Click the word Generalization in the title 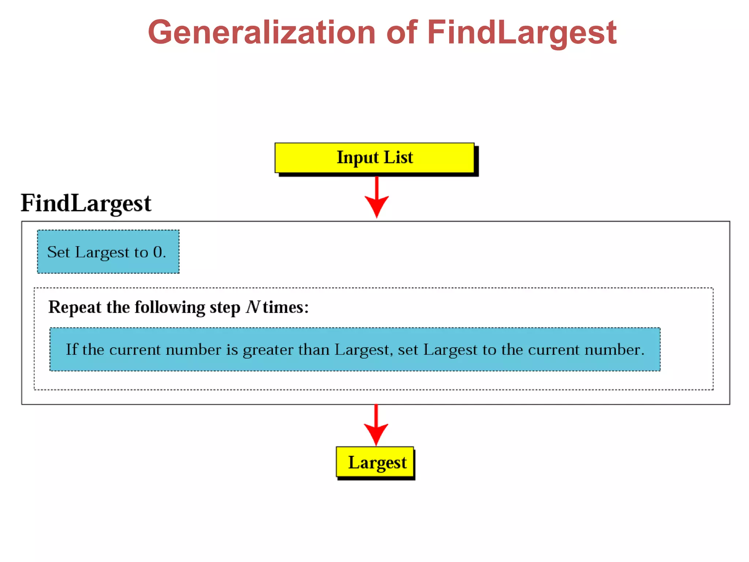261,33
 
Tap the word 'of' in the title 401,33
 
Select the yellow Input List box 374,158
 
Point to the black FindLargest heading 86,203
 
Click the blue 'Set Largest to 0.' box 108,252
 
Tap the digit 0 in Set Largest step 158,252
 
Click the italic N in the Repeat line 253,307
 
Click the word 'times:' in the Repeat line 286,307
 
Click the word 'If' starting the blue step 71,349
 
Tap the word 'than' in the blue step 314,350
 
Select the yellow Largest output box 375,462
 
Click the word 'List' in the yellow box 398,157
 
